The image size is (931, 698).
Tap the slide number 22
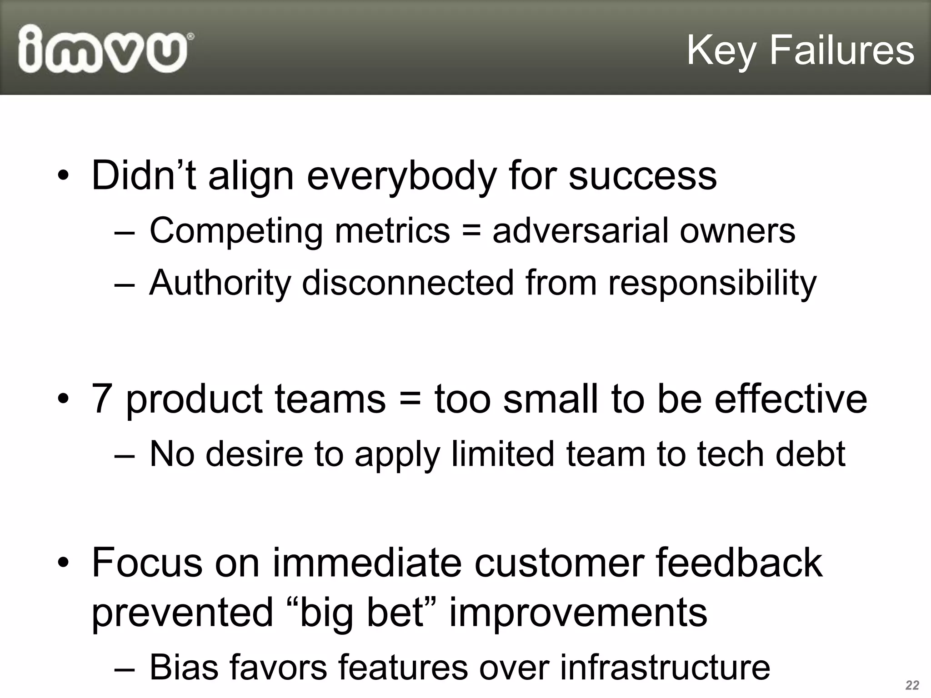[912, 685]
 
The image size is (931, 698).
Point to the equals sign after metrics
[471, 231]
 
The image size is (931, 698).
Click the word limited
[503, 454]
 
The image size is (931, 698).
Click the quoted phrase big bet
[362, 613]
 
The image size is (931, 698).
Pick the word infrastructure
[665, 667]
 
